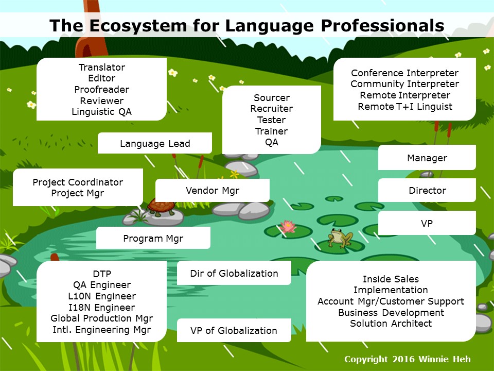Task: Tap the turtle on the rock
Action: pyautogui.click(x=161, y=207)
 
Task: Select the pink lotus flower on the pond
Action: pyautogui.click(x=288, y=227)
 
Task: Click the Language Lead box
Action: pyautogui.click(x=155, y=143)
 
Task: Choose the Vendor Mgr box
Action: pyautogui.click(x=213, y=190)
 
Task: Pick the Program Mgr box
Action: pyautogui.click(x=153, y=238)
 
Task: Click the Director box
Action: pyautogui.click(x=427, y=190)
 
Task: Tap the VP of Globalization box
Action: pyautogui.click(x=234, y=330)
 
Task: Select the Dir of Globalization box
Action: pyautogui.click(x=234, y=273)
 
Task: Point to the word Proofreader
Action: pyautogui.click(x=102, y=90)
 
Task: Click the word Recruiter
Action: pyautogui.click(x=272, y=109)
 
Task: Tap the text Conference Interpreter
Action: pyautogui.click(x=405, y=73)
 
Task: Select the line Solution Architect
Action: pyautogui.click(x=391, y=324)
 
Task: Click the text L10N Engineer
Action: pyautogui.click(x=102, y=296)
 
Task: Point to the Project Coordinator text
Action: pyautogui.click(x=78, y=182)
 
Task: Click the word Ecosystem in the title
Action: pyautogui.click(x=138, y=26)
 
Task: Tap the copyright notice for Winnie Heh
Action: pyautogui.click(x=408, y=359)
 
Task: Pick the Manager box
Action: pyautogui.click(x=427, y=158)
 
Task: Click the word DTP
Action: pyautogui.click(x=102, y=274)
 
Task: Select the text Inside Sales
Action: pyautogui.click(x=391, y=279)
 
